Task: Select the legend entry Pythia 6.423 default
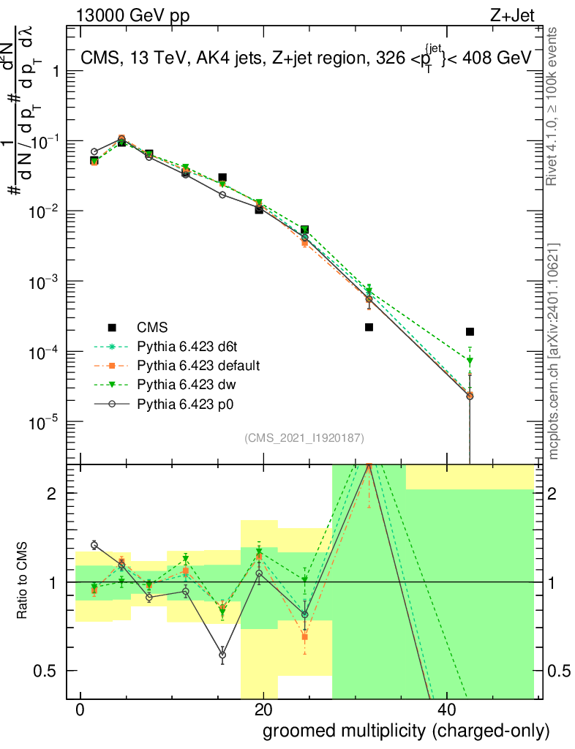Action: tap(195, 364)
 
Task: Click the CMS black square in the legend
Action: tap(112, 327)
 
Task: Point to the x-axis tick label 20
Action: tap(263, 710)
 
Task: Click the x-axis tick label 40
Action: tap(447, 710)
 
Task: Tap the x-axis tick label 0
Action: tap(80, 710)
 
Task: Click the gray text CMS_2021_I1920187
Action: tap(304, 437)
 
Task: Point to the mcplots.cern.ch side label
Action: tap(554, 351)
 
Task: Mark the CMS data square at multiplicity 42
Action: tap(470, 331)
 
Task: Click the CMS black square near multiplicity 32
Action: tap(369, 327)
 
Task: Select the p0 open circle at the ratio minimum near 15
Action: tap(222, 655)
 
